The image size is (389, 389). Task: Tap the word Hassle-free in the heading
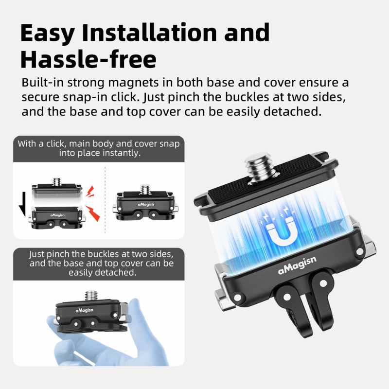(x=88, y=59)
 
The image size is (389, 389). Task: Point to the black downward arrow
(x=22, y=204)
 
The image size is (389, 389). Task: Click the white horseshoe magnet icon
(x=282, y=232)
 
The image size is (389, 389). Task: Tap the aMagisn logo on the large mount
(x=297, y=265)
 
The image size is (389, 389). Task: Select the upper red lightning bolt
(x=90, y=192)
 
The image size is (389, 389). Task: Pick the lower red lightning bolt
(x=93, y=213)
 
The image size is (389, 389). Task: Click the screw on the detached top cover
(x=57, y=181)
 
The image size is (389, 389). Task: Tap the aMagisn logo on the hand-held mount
(x=85, y=310)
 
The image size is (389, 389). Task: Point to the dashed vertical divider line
(x=105, y=200)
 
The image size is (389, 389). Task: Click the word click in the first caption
(x=55, y=144)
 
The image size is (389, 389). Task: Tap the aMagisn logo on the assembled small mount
(x=146, y=204)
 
